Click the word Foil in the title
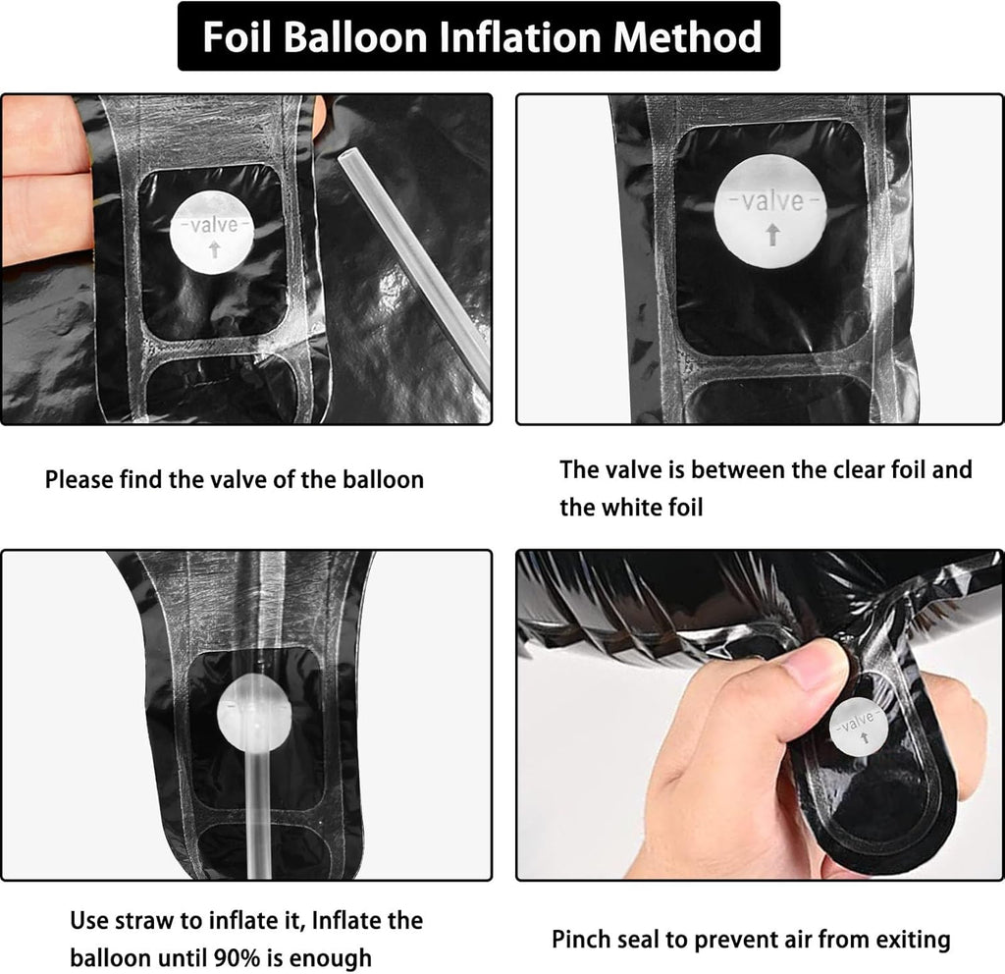click(238, 36)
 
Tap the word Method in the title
click(688, 36)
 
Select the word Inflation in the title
click(520, 36)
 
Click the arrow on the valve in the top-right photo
click(773, 234)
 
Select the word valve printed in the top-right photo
click(773, 201)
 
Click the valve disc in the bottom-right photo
click(859, 727)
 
